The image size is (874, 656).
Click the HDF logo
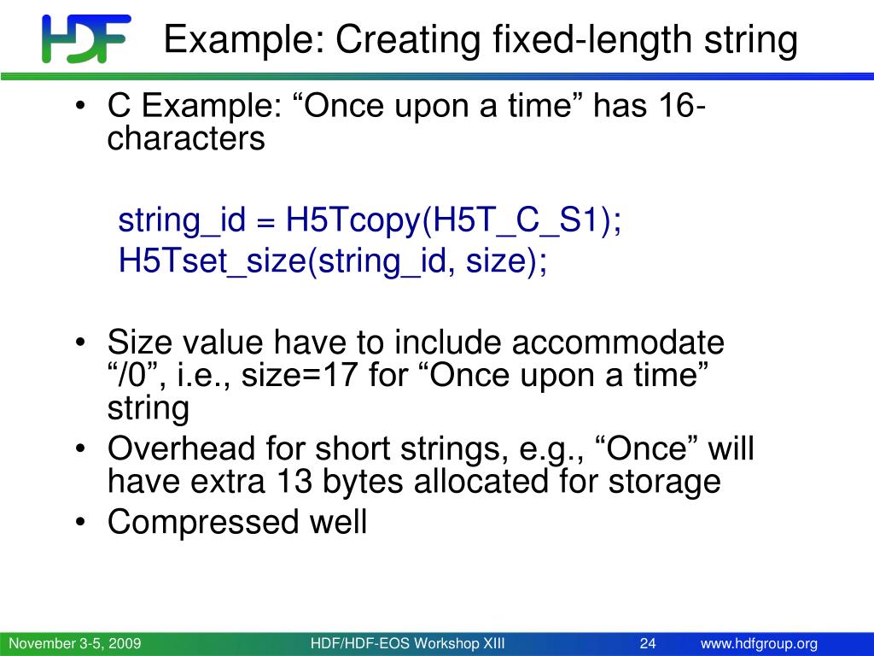86,38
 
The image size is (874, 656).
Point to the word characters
185,138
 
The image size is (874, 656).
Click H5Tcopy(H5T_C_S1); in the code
453,220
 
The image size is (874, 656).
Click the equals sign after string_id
265,222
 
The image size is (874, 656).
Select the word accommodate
618,342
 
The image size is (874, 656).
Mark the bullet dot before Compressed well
81,522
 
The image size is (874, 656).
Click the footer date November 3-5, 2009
75,644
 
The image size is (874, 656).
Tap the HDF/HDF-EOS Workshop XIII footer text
407,644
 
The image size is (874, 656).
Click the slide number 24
648,644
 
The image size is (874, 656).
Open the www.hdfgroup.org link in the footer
759,644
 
